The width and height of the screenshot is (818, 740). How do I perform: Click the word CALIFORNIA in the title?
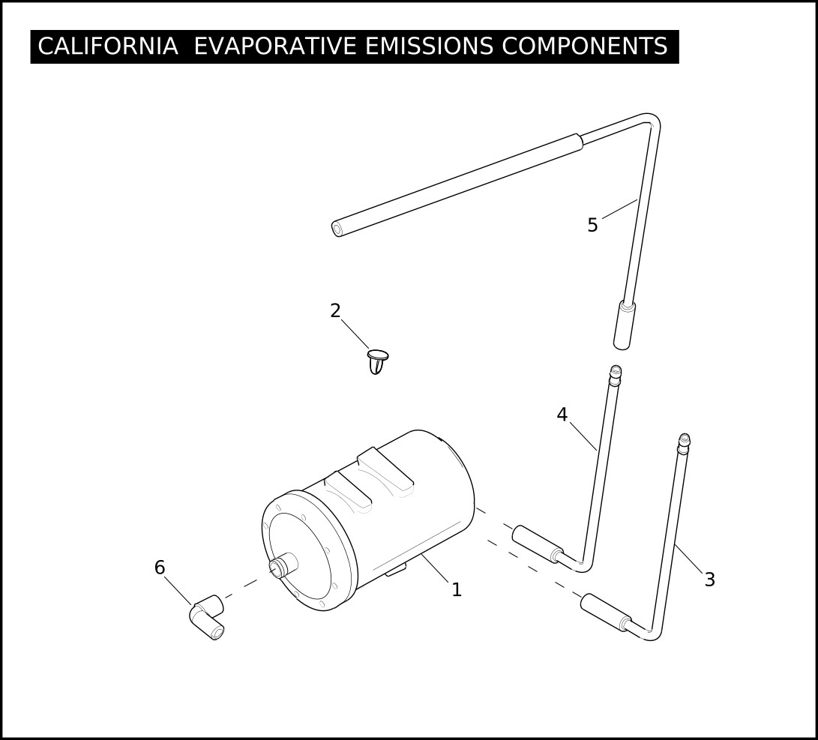click(x=108, y=46)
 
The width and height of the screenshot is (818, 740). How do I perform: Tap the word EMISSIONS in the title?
click(x=429, y=46)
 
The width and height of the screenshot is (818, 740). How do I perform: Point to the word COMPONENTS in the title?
click(x=585, y=46)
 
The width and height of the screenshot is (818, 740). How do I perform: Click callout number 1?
click(x=457, y=590)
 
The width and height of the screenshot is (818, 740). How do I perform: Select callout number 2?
click(x=335, y=311)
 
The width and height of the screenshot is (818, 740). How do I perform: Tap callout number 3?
click(x=709, y=580)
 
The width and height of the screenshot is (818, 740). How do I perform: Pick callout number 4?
click(x=562, y=415)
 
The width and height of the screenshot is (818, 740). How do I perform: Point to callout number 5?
click(x=592, y=225)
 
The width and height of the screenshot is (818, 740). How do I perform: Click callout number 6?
click(x=160, y=568)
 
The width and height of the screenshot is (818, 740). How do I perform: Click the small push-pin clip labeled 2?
click(x=377, y=361)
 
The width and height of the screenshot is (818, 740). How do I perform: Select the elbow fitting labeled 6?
click(x=206, y=616)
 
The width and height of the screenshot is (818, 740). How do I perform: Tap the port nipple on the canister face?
click(x=282, y=566)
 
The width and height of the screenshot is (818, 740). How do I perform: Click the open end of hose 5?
click(x=338, y=229)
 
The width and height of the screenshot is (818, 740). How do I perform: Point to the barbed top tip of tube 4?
click(x=616, y=372)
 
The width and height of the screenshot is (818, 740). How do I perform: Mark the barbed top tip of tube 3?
click(x=684, y=441)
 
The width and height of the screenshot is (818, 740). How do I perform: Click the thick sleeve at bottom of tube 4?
click(x=538, y=544)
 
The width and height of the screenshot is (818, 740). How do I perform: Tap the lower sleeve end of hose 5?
click(x=624, y=325)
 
